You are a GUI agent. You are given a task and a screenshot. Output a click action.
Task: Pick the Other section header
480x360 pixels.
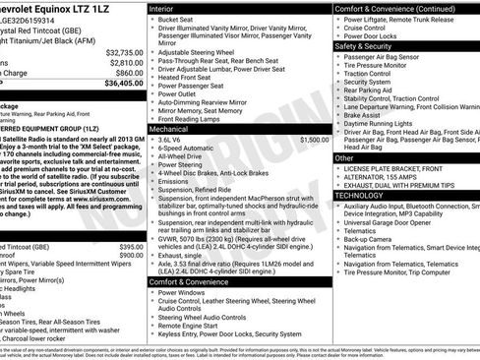[344, 157]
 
